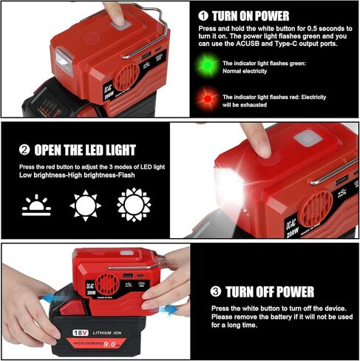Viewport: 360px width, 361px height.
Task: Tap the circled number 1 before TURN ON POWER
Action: tap(203, 15)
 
